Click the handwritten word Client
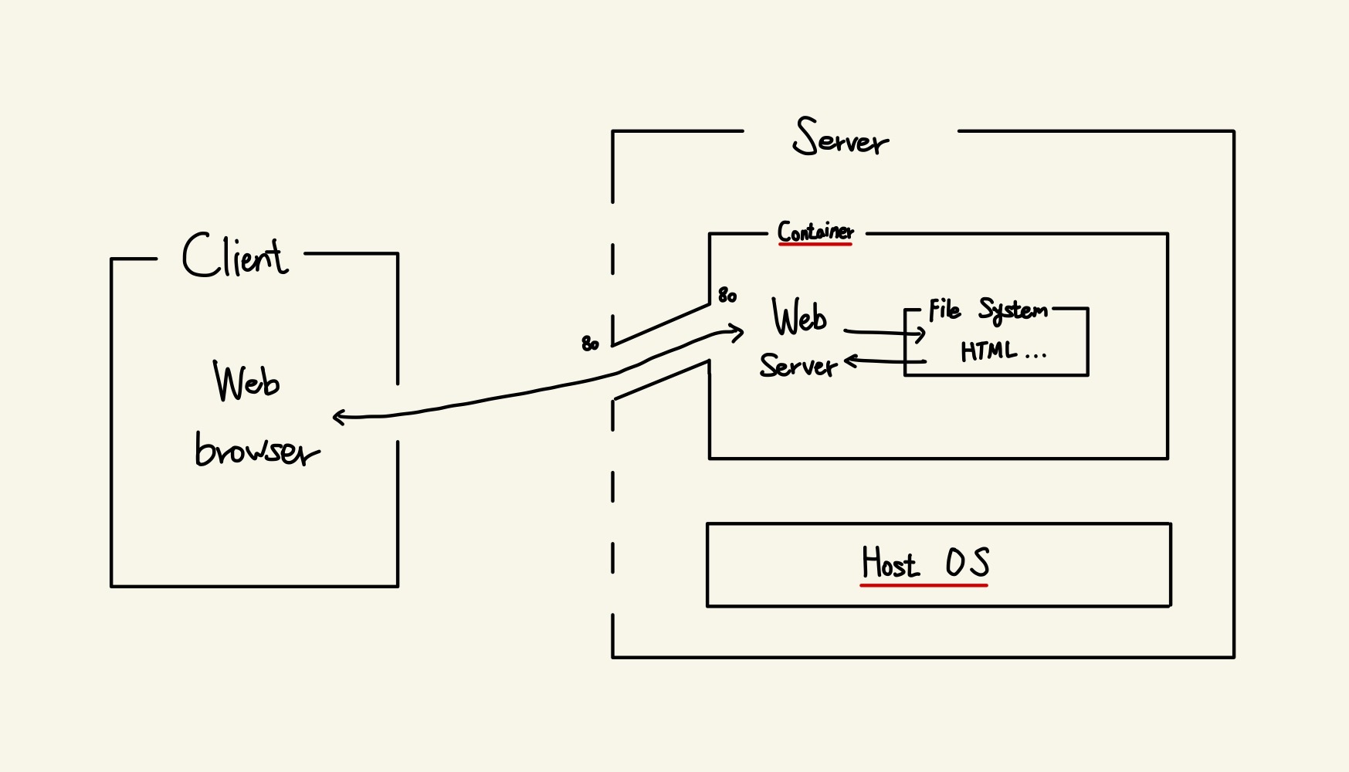[x=235, y=256]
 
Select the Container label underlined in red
[x=815, y=231]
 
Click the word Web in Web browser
[x=246, y=381]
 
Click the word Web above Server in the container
[x=799, y=317]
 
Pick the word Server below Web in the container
[x=798, y=365]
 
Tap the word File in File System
[x=944, y=310]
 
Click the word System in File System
[x=1012, y=310]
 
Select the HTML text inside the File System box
[x=988, y=352]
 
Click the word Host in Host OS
[x=890, y=563]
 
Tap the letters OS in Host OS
[x=968, y=563]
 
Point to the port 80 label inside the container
[x=727, y=295]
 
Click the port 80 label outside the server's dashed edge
[x=590, y=344]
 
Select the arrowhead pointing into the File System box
[x=920, y=334]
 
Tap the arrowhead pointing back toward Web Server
[x=850, y=360]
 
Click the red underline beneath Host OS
[x=924, y=585]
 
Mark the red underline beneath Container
[x=815, y=244]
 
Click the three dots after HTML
[x=1035, y=356]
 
